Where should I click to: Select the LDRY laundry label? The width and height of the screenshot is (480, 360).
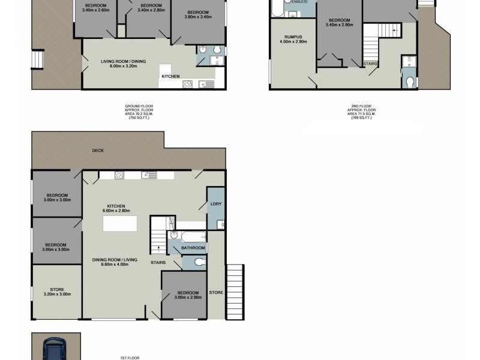[x=216, y=204]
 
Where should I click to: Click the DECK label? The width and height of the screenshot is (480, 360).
[x=98, y=151]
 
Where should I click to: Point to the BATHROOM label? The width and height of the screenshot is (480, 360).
[x=194, y=248]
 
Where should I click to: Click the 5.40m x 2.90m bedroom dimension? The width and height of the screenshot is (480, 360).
[x=339, y=25]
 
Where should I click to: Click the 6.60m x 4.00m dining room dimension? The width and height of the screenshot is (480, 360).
[x=115, y=264]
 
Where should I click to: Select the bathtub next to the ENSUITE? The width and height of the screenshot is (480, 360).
[x=278, y=9]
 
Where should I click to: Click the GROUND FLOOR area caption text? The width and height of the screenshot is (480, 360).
[x=139, y=112]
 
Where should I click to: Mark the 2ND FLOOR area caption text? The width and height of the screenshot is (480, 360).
[x=361, y=112]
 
